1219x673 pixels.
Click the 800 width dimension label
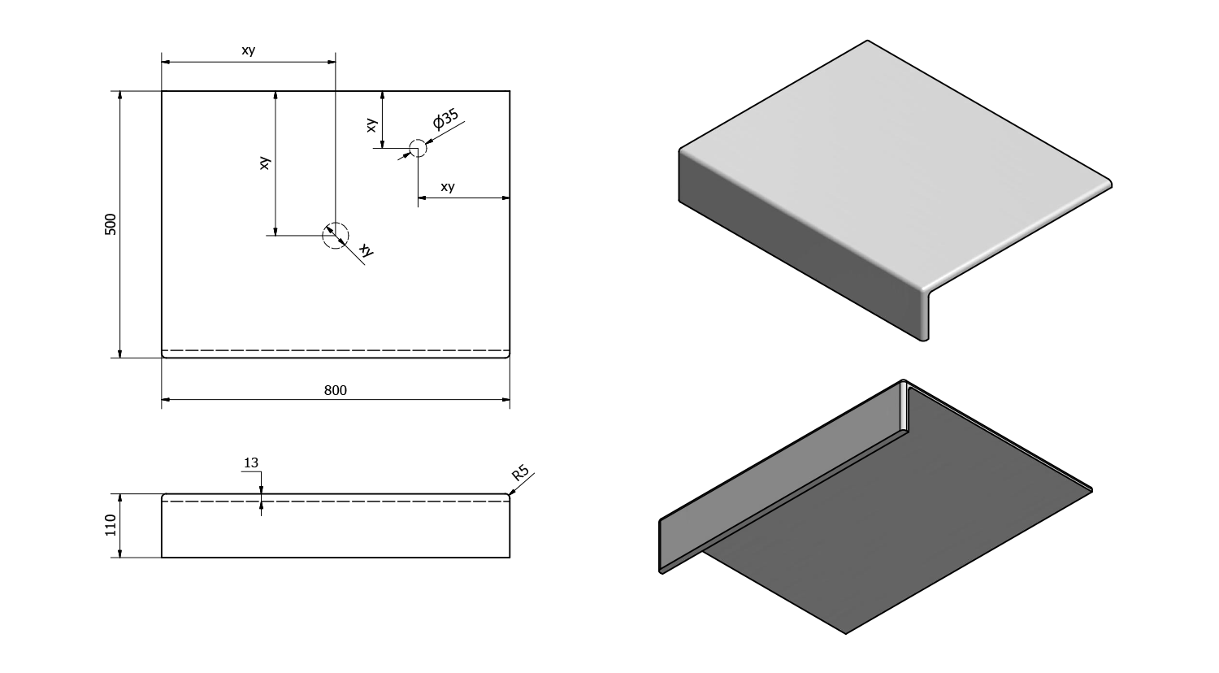(335, 390)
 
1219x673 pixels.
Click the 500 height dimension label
(111, 224)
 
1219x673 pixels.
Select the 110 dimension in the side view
(111, 525)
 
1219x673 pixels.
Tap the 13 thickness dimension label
(250, 463)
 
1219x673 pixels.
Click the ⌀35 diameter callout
(445, 120)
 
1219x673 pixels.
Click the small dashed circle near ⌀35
(417, 149)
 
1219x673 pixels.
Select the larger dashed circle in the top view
(335, 235)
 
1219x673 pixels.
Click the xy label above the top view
(249, 50)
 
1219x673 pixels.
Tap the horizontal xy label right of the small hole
(448, 187)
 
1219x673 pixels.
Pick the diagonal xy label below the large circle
(367, 251)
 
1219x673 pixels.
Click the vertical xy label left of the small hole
(371, 125)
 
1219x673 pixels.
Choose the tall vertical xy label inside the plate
(264, 163)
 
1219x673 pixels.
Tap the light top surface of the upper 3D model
(886, 163)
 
